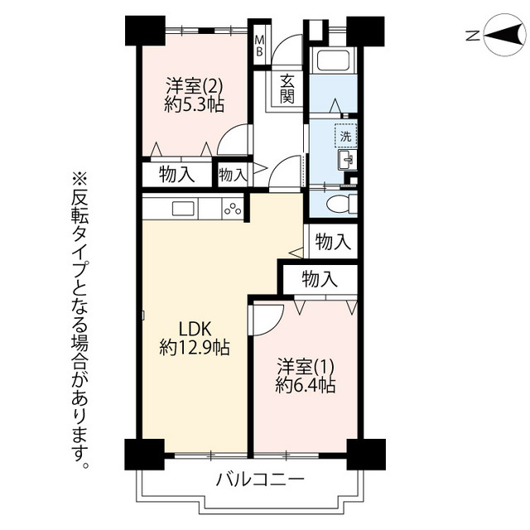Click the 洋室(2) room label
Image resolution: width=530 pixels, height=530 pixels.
[x=194, y=86]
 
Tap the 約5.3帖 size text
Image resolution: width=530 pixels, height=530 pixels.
[x=194, y=104]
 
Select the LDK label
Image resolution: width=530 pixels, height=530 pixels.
[x=195, y=329]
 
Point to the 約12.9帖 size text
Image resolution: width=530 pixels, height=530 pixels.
[x=195, y=347]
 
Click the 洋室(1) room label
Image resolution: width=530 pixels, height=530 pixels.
[x=306, y=366]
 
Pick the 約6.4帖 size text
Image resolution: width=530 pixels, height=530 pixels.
[x=306, y=384]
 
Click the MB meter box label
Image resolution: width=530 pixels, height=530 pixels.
[x=259, y=46]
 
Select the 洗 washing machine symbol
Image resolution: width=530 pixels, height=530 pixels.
[x=345, y=136]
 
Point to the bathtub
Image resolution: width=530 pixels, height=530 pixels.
[x=333, y=60]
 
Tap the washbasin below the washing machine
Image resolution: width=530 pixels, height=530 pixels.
[x=347, y=160]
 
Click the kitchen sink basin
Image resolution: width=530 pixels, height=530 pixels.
[x=183, y=208]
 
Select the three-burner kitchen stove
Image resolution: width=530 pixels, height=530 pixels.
[x=233, y=208]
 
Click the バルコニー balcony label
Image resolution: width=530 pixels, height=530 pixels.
[x=261, y=479]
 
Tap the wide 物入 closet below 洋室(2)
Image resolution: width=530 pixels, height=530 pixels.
[x=176, y=175]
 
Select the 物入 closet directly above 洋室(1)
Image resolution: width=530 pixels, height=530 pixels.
[x=320, y=279]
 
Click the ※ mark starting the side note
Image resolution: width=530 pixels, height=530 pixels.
[x=79, y=180]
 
